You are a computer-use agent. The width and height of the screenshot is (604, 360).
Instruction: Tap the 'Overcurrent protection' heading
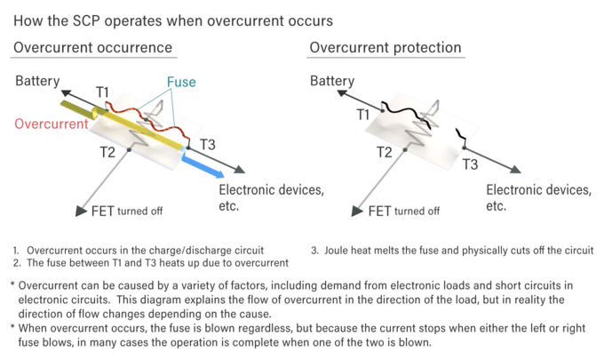[x=385, y=47]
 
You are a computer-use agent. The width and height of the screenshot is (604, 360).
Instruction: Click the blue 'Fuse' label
[x=181, y=83]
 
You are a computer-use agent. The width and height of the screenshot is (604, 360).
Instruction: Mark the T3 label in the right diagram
[x=471, y=164]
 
